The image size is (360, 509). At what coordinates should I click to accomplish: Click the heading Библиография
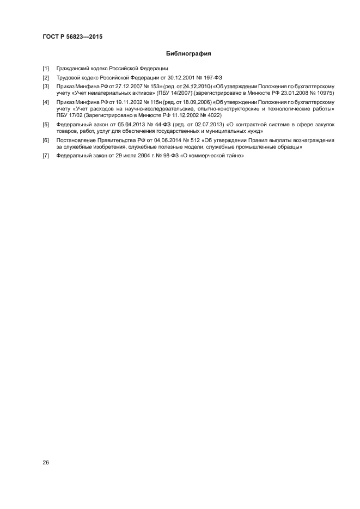pyautogui.click(x=188, y=54)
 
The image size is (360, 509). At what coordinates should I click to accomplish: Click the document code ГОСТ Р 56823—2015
pyautogui.click(x=72, y=36)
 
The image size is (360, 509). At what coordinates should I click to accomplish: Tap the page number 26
pyautogui.click(x=46, y=463)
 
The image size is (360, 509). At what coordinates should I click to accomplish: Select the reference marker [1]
pyautogui.click(x=46, y=69)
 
